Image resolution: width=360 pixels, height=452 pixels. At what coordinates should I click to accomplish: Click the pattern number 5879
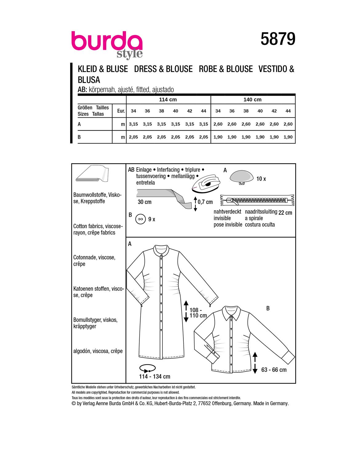pos(278,39)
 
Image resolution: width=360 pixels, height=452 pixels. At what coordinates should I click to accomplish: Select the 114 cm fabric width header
pos(168,100)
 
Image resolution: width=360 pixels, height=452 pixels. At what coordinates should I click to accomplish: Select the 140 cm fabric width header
pos(252,100)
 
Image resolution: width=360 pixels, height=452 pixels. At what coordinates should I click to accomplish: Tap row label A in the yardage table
pos(79,124)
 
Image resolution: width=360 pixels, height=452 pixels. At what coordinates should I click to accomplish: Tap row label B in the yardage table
pos(79,137)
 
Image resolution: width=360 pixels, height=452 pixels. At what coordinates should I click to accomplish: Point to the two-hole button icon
pos(140,219)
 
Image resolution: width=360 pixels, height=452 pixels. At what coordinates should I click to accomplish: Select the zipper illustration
pos(257,201)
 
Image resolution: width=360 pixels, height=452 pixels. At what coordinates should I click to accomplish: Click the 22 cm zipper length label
pos(285,213)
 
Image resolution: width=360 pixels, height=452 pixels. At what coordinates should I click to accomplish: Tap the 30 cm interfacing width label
pos(145,202)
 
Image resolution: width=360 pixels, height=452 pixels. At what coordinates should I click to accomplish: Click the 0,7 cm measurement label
pos(205,202)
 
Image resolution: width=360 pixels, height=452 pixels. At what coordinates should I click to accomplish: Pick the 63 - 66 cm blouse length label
pos(274,370)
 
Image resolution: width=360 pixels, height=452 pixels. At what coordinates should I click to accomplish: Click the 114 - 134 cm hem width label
pos(154,377)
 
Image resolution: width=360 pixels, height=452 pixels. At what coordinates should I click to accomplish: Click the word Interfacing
pos(168,170)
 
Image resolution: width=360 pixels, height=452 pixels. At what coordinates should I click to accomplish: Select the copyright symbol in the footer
pos(74,403)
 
